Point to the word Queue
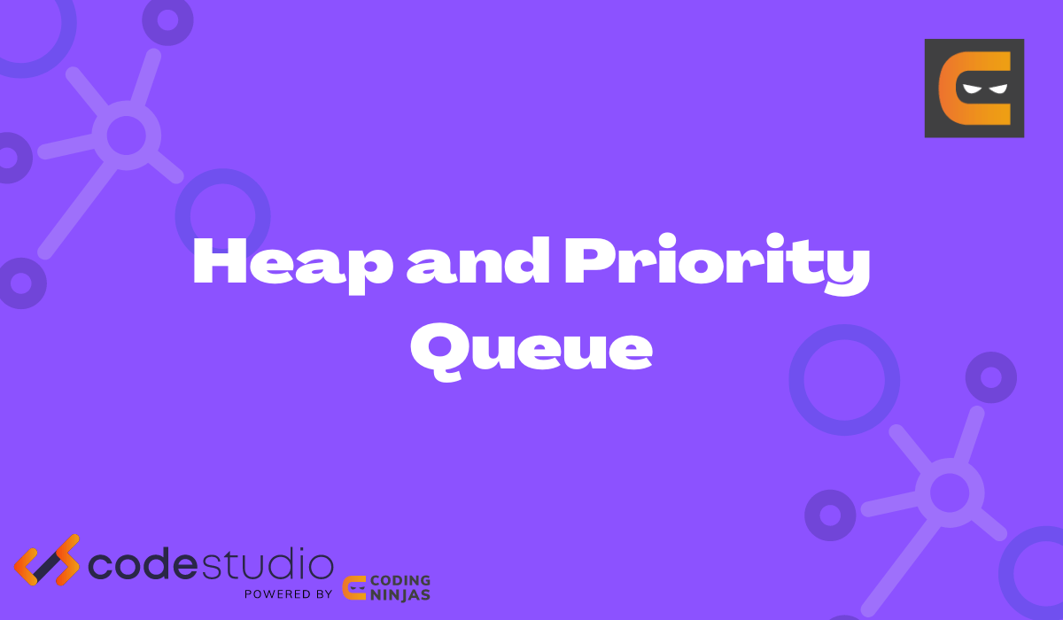[531, 347]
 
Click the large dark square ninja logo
[974, 88]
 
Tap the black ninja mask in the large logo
[985, 88]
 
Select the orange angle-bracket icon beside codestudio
[46, 561]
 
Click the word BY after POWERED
[322, 593]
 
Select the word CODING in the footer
[401, 581]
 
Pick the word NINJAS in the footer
[401, 595]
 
